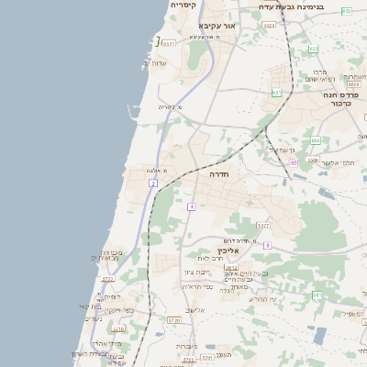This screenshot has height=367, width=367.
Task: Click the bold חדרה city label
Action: (218, 173)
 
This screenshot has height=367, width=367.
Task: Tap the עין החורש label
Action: (261, 299)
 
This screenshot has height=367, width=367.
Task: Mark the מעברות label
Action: (187, 346)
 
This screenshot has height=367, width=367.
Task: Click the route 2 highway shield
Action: (153, 183)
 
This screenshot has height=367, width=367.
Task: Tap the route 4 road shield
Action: (191, 206)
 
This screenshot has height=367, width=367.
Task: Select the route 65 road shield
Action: (294, 162)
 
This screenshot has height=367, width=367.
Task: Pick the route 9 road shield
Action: (267, 245)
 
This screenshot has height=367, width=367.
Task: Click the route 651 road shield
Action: (276, 93)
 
